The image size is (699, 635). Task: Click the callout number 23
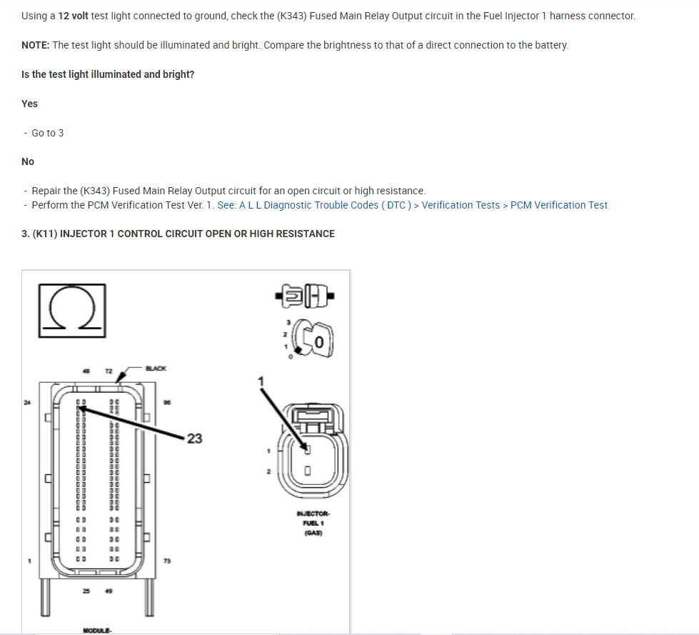tap(194, 439)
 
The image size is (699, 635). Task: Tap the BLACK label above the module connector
tap(155, 369)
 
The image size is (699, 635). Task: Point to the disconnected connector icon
tap(303, 293)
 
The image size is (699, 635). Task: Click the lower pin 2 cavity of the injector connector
tap(308, 471)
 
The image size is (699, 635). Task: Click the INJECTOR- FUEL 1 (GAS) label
tap(312, 522)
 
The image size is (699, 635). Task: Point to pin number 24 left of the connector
tap(27, 403)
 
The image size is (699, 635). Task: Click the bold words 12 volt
tap(74, 15)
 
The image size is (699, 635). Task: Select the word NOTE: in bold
tap(36, 45)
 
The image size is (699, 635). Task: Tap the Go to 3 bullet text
tap(48, 133)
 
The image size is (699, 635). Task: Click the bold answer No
tap(28, 161)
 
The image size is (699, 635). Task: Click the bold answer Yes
tap(29, 104)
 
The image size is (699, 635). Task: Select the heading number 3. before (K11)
tap(26, 234)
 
